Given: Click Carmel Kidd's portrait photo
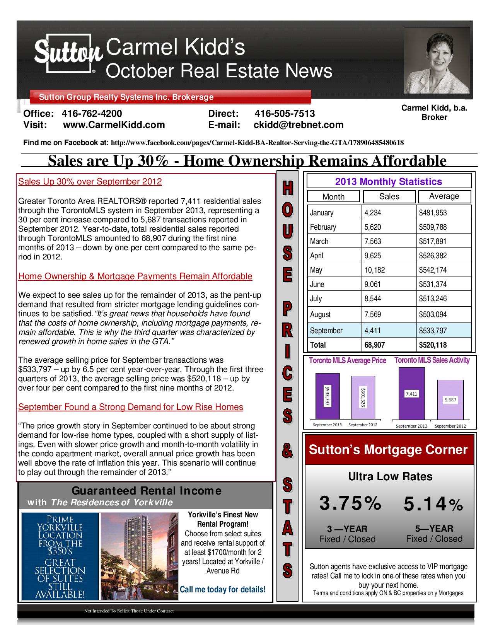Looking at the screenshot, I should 437,63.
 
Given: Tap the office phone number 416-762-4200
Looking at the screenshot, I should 92,114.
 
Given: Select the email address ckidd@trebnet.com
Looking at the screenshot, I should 298,125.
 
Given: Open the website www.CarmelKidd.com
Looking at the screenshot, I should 114,125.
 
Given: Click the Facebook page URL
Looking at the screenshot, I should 257,143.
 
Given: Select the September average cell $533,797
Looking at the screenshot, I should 433,331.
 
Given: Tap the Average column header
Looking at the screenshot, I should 444,196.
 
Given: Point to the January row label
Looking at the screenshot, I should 322,213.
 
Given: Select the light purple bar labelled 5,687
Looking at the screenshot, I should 450,400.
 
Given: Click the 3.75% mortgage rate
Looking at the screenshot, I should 350,504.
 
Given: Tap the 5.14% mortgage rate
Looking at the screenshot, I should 433,504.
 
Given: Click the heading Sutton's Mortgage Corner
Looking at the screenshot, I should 388,450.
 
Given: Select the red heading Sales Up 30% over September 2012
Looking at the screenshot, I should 90,182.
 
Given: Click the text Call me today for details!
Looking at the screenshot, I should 223,589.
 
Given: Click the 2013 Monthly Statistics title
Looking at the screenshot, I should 388,182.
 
